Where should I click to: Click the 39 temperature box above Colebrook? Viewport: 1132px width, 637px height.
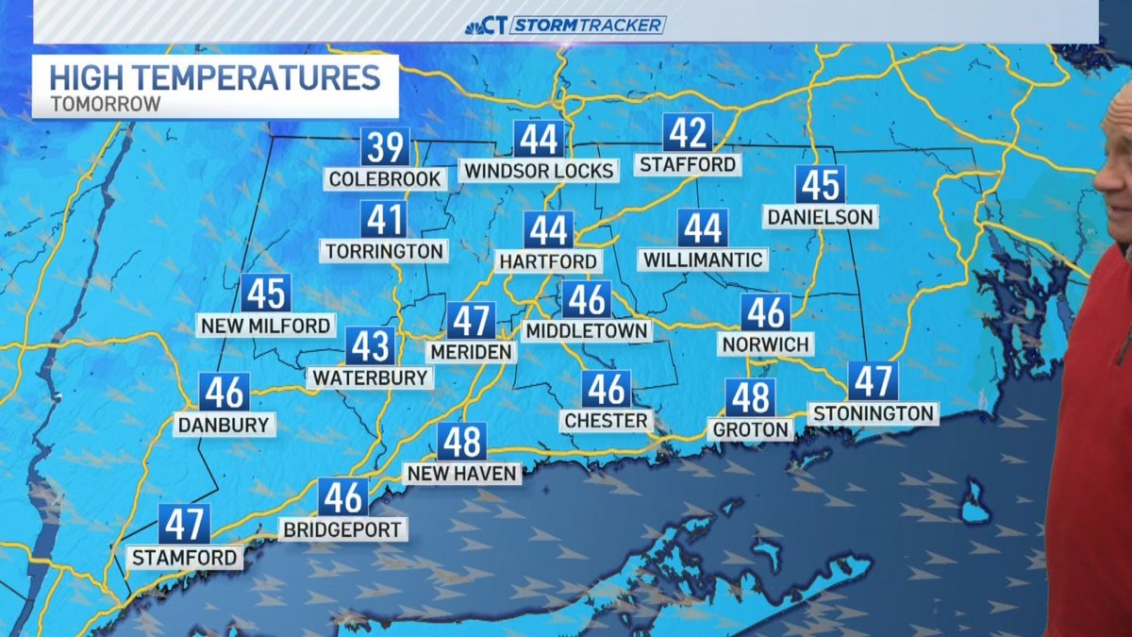coord(385,148)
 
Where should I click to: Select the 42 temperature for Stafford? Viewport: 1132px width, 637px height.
coord(687,134)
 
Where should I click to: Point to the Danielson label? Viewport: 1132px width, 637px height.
coord(820,217)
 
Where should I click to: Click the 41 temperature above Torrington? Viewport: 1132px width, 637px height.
coord(384,220)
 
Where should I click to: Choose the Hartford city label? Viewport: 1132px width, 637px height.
coord(548,261)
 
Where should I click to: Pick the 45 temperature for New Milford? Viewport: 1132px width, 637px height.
coord(266,293)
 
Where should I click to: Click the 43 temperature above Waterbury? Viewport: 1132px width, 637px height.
coord(370,346)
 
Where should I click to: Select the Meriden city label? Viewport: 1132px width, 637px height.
coord(471,352)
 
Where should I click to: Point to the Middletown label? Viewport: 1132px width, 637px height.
coord(587,331)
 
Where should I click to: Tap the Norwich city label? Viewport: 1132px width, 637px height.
coord(766,344)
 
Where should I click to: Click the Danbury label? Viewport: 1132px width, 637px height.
coord(225,425)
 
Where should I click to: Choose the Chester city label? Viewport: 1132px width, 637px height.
coord(606,421)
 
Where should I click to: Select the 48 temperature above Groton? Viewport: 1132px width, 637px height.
coord(751,398)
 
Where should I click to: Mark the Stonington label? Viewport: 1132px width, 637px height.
coord(873,413)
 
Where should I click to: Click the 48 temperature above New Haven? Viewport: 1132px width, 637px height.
coord(461,442)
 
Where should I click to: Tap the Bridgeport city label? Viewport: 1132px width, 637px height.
coord(343,529)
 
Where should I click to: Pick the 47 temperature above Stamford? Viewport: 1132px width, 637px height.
coord(184,524)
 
